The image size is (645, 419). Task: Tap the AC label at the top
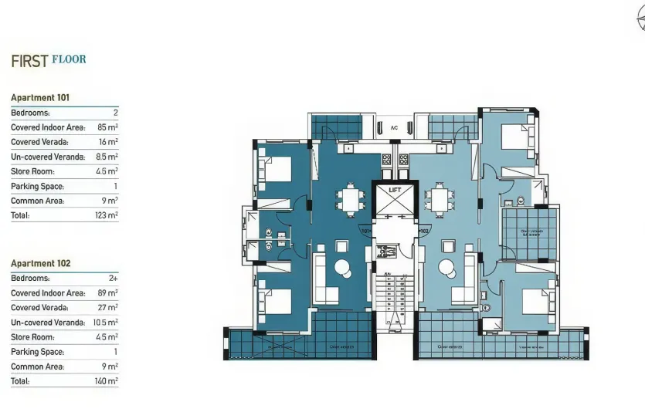tap(394, 128)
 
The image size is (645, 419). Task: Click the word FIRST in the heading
tap(29, 62)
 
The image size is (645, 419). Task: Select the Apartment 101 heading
tap(40, 98)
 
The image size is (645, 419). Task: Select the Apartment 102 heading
tap(40, 263)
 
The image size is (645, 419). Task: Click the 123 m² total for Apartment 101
tap(106, 216)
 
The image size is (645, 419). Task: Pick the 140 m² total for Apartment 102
tap(107, 381)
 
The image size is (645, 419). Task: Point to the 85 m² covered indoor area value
tap(107, 127)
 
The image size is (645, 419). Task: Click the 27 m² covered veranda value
tap(107, 308)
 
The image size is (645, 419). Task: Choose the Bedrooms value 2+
tap(113, 278)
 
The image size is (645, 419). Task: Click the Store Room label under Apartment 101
tap(32, 171)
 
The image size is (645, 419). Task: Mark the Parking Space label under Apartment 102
tap(37, 352)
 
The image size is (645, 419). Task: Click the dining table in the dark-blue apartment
tap(351, 201)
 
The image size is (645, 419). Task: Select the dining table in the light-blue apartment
tap(440, 201)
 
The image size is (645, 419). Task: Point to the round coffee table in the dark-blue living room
tap(342, 268)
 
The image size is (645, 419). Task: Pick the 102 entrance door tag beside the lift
tap(424, 230)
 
